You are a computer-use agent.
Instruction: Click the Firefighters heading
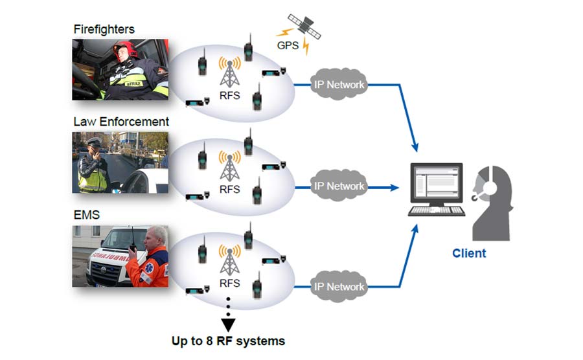pyautogui.click(x=103, y=29)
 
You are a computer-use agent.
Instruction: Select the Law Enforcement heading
pyautogui.click(x=121, y=122)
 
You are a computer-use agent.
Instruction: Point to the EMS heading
pyautogui.click(x=87, y=214)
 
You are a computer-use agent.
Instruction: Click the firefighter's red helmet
pyautogui.click(x=123, y=49)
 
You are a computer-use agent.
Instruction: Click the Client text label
pyautogui.click(x=468, y=253)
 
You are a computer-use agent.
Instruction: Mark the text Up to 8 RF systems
pyautogui.click(x=228, y=340)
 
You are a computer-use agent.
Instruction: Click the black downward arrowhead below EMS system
pyautogui.click(x=229, y=321)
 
